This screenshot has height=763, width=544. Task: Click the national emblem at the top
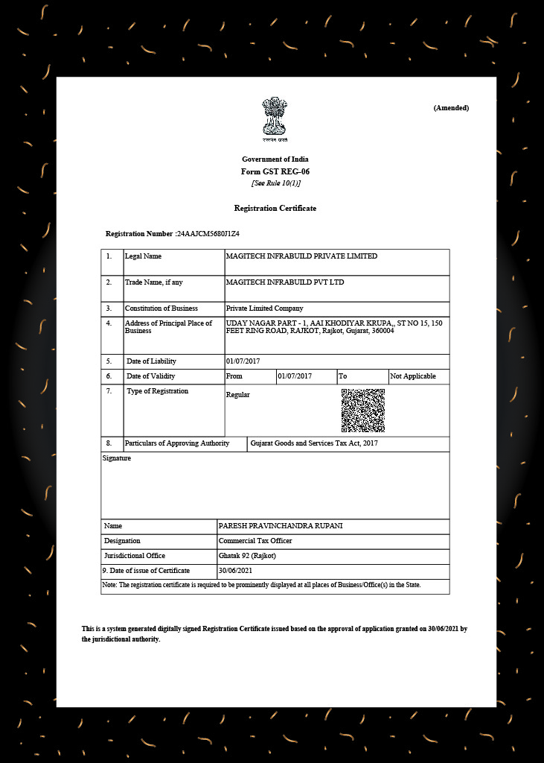coord(275,118)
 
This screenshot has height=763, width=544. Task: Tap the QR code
coord(362,411)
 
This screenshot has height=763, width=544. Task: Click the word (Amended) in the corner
coord(451,108)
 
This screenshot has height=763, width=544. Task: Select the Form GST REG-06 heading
coord(275,171)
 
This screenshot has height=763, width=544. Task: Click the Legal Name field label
coord(143,256)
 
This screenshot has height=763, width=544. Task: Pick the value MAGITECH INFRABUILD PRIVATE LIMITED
coord(301,256)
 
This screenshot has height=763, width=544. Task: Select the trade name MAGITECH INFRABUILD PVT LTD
coord(285,282)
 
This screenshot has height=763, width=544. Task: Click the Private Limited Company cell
coord(265,308)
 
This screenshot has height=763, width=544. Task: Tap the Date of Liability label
coord(152,361)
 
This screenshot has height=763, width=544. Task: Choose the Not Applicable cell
coord(413,376)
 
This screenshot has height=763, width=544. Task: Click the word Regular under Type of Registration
coord(238,395)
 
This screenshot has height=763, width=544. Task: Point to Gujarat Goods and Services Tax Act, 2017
coord(315,444)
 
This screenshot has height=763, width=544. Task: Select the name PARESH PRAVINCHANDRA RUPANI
coord(281,526)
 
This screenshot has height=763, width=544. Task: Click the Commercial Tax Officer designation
coord(255,541)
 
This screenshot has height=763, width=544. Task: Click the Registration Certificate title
coord(275,209)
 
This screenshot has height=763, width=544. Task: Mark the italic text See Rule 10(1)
coord(275,183)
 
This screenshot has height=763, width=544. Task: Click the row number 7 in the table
coord(109,390)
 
